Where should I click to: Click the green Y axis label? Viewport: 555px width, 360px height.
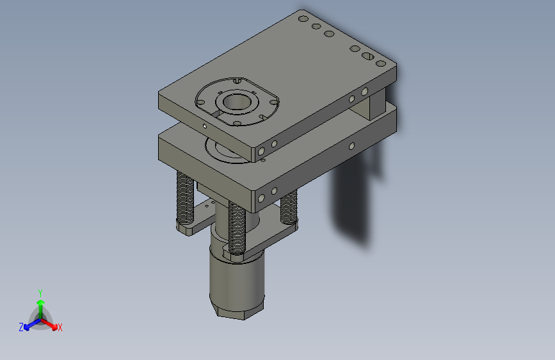pyautogui.click(x=40, y=292)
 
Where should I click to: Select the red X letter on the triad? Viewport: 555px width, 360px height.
pyautogui.click(x=60, y=327)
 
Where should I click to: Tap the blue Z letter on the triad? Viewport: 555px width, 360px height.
pyautogui.click(x=21, y=327)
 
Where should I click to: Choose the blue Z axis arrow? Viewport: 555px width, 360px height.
pyautogui.click(x=29, y=324)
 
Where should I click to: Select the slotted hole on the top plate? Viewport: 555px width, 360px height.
pyautogui.click(x=368, y=56)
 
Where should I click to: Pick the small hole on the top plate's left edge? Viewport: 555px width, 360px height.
pyautogui.click(x=204, y=127)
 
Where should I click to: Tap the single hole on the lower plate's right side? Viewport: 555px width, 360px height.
pyautogui.click(x=351, y=146)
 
